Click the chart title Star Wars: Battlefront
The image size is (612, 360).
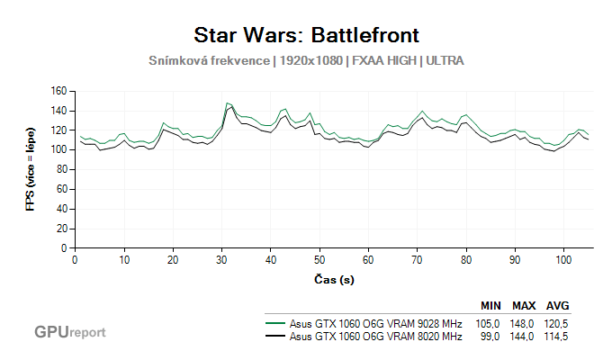point(306,35)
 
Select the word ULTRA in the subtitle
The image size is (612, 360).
point(445,60)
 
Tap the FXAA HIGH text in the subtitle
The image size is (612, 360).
point(385,60)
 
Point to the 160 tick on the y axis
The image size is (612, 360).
point(59,91)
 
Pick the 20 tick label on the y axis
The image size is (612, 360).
point(62,228)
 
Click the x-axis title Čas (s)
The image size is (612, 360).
point(333,280)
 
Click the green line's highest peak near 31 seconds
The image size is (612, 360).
point(227,103)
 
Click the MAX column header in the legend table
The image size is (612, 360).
point(525,305)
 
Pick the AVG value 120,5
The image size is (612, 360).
point(558,322)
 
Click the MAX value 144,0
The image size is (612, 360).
point(525,336)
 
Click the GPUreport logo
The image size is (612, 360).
point(69,332)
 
